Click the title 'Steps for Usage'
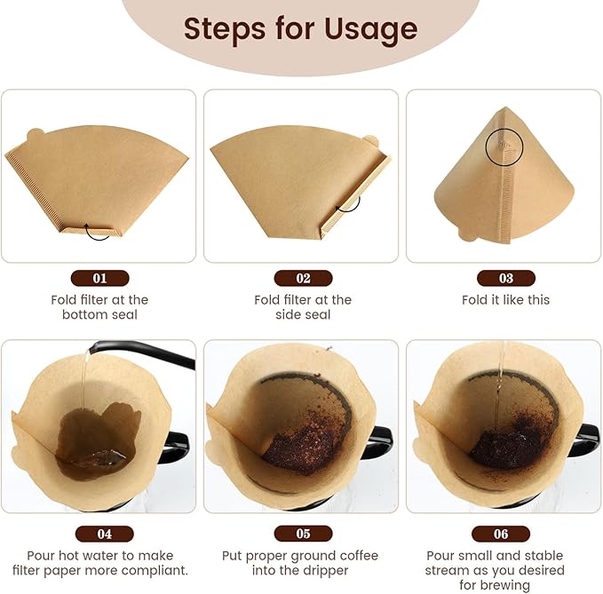300,29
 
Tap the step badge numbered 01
99,278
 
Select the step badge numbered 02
303,278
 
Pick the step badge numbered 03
505,278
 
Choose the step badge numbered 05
303,534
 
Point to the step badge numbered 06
502,534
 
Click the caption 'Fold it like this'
505,300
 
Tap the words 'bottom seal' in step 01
99,314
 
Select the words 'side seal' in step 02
303,314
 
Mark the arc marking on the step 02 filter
348,203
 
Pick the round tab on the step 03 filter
464,234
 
